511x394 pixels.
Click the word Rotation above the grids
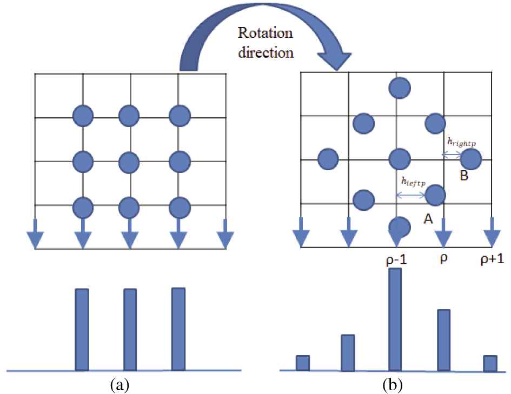pyautogui.click(x=265, y=33)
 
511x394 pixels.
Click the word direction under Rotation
pyautogui.click(x=266, y=52)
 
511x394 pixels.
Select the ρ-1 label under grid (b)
pyautogui.click(x=396, y=260)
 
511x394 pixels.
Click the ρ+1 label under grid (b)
pyautogui.click(x=493, y=259)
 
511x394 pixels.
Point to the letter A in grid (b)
pyautogui.click(x=428, y=219)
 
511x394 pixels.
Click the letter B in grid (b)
pyautogui.click(x=464, y=176)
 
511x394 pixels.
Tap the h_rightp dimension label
pyautogui.click(x=461, y=142)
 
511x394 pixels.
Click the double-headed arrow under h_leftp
pyautogui.click(x=410, y=195)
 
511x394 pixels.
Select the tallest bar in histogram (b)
pyautogui.click(x=395, y=319)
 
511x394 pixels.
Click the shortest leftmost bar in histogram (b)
pyautogui.click(x=303, y=363)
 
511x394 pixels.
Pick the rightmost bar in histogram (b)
pyautogui.click(x=490, y=363)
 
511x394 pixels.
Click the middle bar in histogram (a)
pyautogui.click(x=130, y=330)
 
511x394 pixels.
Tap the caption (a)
pyautogui.click(x=120, y=385)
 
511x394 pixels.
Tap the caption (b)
pyautogui.click(x=393, y=385)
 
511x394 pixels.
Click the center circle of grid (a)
pyautogui.click(x=129, y=162)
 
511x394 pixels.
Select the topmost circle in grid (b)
pyautogui.click(x=400, y=88)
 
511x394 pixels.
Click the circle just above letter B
pyautogui.click(x=471, y=159)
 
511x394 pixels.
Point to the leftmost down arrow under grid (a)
pyautogui.click(x=35, y=234)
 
